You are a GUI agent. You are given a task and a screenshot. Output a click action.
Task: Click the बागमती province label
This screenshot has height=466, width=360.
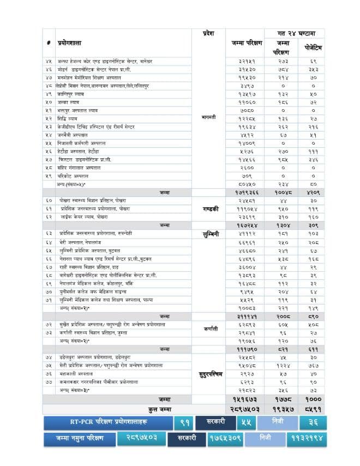[x=209, y=117]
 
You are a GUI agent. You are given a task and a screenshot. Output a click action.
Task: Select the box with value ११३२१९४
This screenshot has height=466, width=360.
[x=306, y=438]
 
